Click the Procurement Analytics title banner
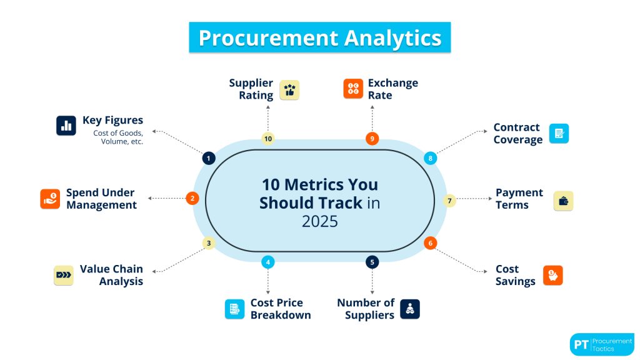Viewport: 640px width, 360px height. (x=319, y=37)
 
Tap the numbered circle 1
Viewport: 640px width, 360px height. (x=209, y=158)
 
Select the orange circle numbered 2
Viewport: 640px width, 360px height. (x=192, y=198)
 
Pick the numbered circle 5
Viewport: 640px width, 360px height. (x=372, y=262)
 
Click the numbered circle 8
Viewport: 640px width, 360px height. (x=430, y=158)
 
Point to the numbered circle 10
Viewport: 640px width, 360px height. (x=268, y=138)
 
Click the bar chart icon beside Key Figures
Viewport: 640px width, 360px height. (x=66, y=126)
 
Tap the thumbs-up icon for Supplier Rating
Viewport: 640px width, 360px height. (x=289, y=89)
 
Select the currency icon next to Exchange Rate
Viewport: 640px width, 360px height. (x=353, y=89)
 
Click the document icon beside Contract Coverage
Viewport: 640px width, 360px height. (x=559, y=133)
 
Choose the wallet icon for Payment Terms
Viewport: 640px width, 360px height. (x=563, y=201)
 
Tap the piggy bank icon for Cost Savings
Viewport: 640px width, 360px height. (x=552, y=275)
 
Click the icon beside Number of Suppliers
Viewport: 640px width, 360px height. (x=410, y=309)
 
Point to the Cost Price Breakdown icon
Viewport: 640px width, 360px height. (x=235, y=309)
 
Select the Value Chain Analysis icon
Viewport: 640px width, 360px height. (x=63, y=275)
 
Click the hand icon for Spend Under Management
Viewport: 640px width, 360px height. (x=50, y=199)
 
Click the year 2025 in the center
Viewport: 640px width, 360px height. (x=319, y=221)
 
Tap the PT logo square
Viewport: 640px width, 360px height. (x=581, y=344)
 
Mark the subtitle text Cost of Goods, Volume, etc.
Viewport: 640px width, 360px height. (x=118, y=137)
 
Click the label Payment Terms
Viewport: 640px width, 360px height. (x=519, y=199)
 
